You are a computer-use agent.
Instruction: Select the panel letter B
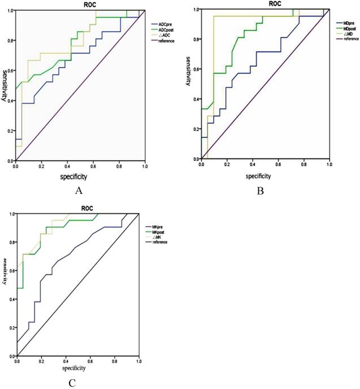pyautogui.click(x=261, y=191)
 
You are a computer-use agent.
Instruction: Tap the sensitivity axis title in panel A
pyautogui.click(x=6, y=86)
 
